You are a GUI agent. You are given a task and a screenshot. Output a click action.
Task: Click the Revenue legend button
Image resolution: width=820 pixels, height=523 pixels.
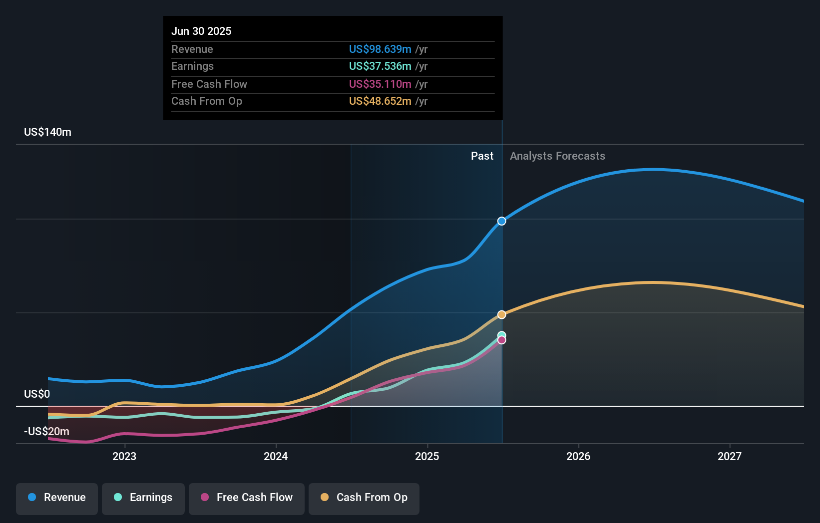coord(57,499)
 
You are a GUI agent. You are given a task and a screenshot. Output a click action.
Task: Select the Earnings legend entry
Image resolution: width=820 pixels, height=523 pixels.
coord(143,499)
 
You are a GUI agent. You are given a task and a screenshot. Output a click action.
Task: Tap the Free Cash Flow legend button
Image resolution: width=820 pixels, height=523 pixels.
coord(246,499)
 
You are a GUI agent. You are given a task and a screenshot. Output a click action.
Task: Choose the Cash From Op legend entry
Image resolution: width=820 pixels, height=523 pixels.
coord(364,499)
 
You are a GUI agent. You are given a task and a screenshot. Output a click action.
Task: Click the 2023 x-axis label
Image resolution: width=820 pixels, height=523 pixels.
coord(124,457)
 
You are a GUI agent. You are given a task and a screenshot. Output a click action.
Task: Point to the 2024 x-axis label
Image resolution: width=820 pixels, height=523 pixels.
coord(276,457)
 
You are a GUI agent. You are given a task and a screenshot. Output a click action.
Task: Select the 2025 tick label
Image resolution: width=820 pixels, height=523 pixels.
coord(427,457)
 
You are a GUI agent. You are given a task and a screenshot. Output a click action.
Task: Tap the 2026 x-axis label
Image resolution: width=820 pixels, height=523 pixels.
coord(578,457)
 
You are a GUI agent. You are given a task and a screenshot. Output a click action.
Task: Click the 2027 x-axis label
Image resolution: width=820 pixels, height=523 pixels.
coord(730,457)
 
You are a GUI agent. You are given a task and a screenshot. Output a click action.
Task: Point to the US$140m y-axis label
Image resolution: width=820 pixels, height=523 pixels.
coord(47,132)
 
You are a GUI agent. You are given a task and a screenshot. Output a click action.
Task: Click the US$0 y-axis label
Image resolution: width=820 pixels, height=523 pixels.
coord(37,394)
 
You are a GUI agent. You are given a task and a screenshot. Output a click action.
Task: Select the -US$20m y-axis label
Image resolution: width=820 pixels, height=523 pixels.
coord(46,432)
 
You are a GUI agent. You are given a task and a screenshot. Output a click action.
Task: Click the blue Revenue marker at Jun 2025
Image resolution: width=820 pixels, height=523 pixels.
coord(501,221)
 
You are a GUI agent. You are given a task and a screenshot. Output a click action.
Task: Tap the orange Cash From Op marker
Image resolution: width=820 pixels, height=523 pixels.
coord(501,314)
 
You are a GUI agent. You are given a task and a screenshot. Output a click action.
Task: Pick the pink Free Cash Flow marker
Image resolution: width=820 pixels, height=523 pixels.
coord(501,340)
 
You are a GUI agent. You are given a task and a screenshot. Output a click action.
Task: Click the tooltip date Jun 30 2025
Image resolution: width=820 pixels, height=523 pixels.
coord(201,31)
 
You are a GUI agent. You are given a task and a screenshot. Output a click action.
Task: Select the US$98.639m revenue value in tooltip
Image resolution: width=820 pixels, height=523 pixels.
coord(380,49)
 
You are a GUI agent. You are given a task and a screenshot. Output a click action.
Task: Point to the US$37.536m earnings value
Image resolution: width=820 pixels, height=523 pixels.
coord(380,66)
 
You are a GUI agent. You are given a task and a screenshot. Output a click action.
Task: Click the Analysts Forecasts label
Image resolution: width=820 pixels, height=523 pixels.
coord(557,156)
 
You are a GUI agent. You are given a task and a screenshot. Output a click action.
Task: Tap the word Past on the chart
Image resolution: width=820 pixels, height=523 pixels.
coord(482,156)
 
